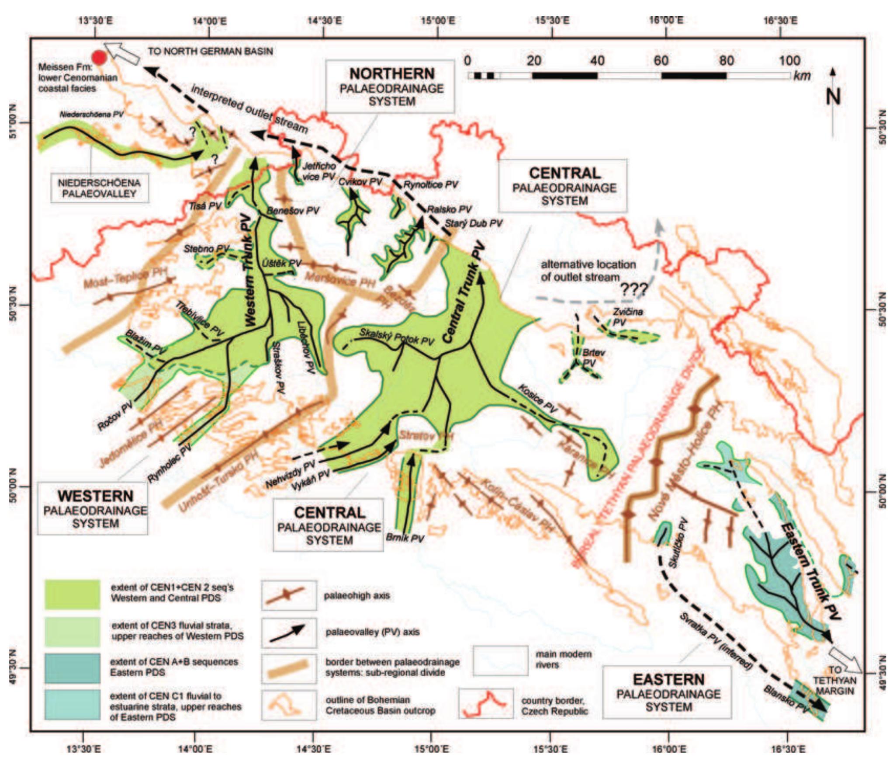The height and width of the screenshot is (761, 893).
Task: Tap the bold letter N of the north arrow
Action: (833, 97)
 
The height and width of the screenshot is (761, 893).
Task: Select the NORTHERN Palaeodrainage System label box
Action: (391, 87)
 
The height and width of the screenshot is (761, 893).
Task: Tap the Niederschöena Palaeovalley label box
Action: (99, 188)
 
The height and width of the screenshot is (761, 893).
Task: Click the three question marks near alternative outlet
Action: (633, 289)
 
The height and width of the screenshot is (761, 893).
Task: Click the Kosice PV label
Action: (537, 398)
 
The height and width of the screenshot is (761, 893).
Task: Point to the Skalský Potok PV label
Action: (396, 336)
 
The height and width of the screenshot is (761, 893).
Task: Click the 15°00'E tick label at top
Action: (438, 20)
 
